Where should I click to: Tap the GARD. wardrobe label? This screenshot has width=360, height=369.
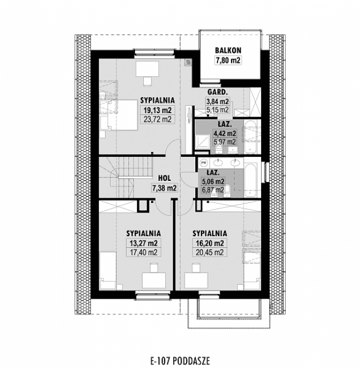[x=217, y=92]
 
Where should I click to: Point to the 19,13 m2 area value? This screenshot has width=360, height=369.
[x=157, y=110]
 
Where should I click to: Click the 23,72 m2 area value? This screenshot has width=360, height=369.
[x=157, y=119]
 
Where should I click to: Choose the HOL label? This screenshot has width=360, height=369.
[x=164, y=177]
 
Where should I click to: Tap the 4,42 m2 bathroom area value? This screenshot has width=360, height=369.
[x=224, y=134]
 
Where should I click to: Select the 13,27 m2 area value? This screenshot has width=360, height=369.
[x=143, y=243]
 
